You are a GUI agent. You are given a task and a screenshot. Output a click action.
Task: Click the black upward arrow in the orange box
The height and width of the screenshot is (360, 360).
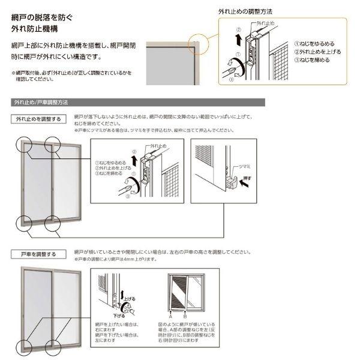pyautogui.click(x=239, y=40)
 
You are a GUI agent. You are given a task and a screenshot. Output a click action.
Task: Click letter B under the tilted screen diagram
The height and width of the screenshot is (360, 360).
pyautogui.click(x=186, y=315)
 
